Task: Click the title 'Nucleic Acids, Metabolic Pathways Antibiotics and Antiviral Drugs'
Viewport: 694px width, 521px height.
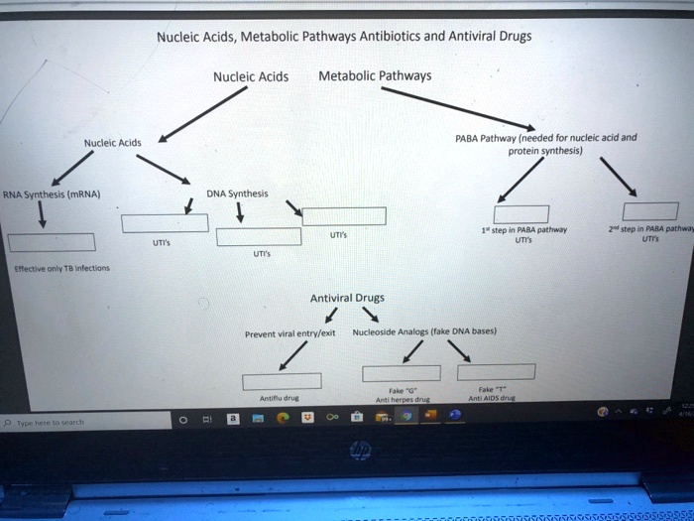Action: [343, 37]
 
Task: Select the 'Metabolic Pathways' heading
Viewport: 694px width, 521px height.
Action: [375, 75]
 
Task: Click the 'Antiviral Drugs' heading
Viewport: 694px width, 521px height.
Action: [347, 297]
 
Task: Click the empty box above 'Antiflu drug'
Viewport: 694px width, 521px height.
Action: [282, 380]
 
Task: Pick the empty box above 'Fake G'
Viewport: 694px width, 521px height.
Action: [401, 372]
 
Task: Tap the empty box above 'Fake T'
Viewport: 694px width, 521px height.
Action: [496, 371]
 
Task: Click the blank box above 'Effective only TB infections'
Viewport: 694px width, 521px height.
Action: [52, 242]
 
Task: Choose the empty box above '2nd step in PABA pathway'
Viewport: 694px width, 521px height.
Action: [649, 210]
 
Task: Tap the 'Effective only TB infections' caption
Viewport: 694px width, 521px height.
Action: [61, 269]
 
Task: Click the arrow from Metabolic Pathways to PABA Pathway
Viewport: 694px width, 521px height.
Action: [455, 107]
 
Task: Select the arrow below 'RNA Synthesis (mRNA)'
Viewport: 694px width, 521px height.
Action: [42, 214]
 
